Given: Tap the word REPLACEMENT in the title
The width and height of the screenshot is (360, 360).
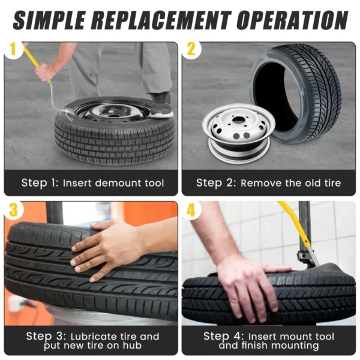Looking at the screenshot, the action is click(x=162, y=20).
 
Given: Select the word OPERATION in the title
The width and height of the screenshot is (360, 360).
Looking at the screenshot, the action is click(x=293, y=20).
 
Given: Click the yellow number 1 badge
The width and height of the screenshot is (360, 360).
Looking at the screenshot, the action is click(x=13, y=49).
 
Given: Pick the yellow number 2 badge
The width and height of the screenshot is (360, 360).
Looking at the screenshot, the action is click(x=191, y=49).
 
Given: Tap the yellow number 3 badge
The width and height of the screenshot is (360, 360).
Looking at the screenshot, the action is click(x=13, y=209).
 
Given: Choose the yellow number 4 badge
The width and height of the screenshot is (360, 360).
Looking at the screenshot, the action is click(x=191, y=209).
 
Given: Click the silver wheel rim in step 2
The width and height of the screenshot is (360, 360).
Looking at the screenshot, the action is click(x=239, y=133).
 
